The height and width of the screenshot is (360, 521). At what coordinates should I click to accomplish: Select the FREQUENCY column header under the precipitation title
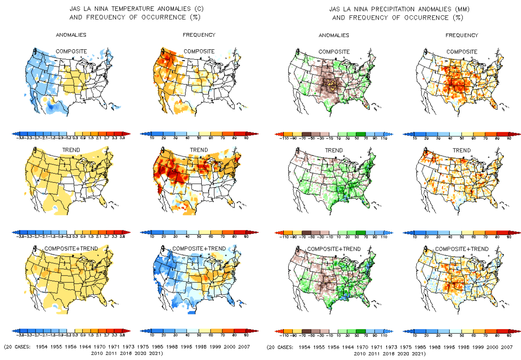pyautogui.click(x=462, y=35)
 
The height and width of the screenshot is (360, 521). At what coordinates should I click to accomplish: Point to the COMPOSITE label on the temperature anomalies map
pyautogui.click(x=71, y=51)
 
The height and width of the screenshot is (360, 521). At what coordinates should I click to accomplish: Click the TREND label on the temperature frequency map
pyautogui.click(x=199, y=150)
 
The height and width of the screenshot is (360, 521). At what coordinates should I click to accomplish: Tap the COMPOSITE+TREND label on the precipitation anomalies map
pyautogui.click(x=334, y=249)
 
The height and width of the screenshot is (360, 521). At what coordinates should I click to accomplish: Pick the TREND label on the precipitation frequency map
pyautogui.click(x=462, y=150)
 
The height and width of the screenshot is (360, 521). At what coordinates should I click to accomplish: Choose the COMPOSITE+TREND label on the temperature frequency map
pyautogui.click(x=199, y=249)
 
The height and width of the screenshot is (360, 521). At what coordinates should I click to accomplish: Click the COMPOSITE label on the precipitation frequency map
pyautogui.click(x=462, y=51)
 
